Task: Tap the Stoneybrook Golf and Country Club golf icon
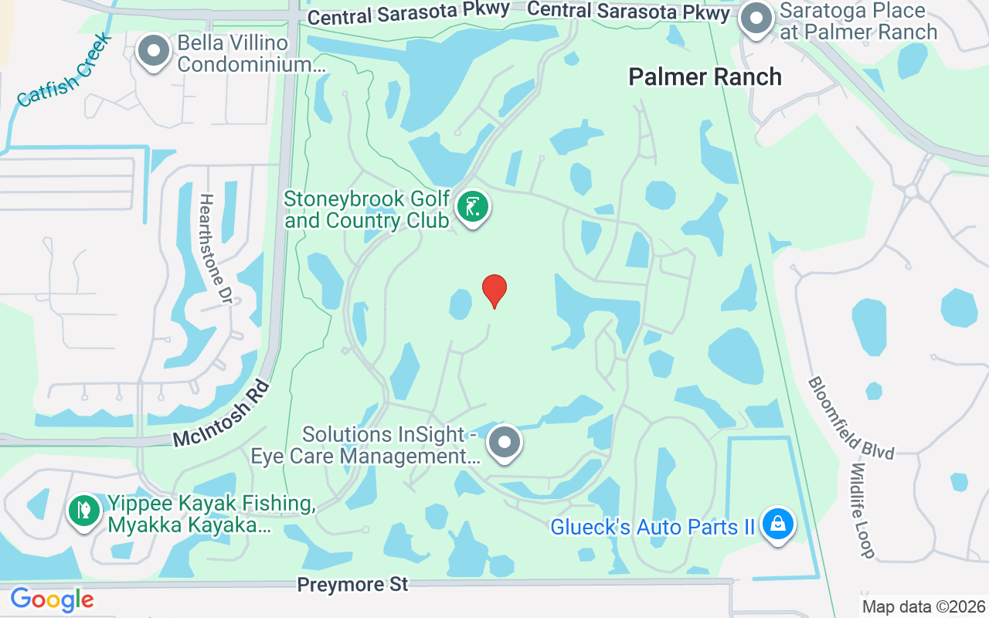pos(472,207)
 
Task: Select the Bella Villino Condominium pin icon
pos(154,51)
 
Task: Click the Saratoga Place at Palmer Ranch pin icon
pos(756,19)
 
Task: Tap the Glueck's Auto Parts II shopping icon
pos(778,525)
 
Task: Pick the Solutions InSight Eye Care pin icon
pos(505,443)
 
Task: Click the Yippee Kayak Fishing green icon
pos(84,511)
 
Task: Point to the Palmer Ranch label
pos(705,76)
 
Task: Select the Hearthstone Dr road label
pos(216,248)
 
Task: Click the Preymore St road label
pos(352,585)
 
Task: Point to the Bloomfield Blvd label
pos(851,418)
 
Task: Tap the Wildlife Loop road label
pos(863,510)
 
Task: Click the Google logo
pos(52,599)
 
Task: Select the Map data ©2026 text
pos(923,606)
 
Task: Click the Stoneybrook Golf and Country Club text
pos(366,210)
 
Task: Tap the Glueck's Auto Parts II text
pos(652,528)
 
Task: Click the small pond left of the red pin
pos(461,304)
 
